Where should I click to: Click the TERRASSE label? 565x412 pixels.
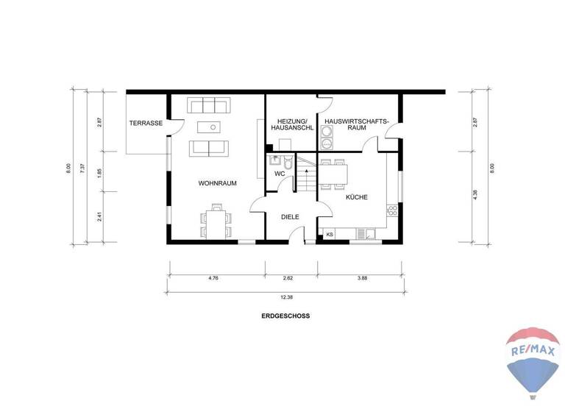tap(146, 123)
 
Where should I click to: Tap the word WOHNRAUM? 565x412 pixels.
tap(217, 183)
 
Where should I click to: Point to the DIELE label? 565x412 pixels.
tap(291, 216)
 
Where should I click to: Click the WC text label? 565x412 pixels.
tap(280, 174)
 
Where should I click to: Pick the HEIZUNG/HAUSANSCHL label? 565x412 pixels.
tap(291, 124)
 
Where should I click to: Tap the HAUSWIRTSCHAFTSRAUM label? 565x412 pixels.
tap(356, 124)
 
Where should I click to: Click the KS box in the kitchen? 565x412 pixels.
tap(329, 235)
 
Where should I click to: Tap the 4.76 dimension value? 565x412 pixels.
tap(214, 279)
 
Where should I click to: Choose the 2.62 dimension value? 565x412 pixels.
tap(290, 279)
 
